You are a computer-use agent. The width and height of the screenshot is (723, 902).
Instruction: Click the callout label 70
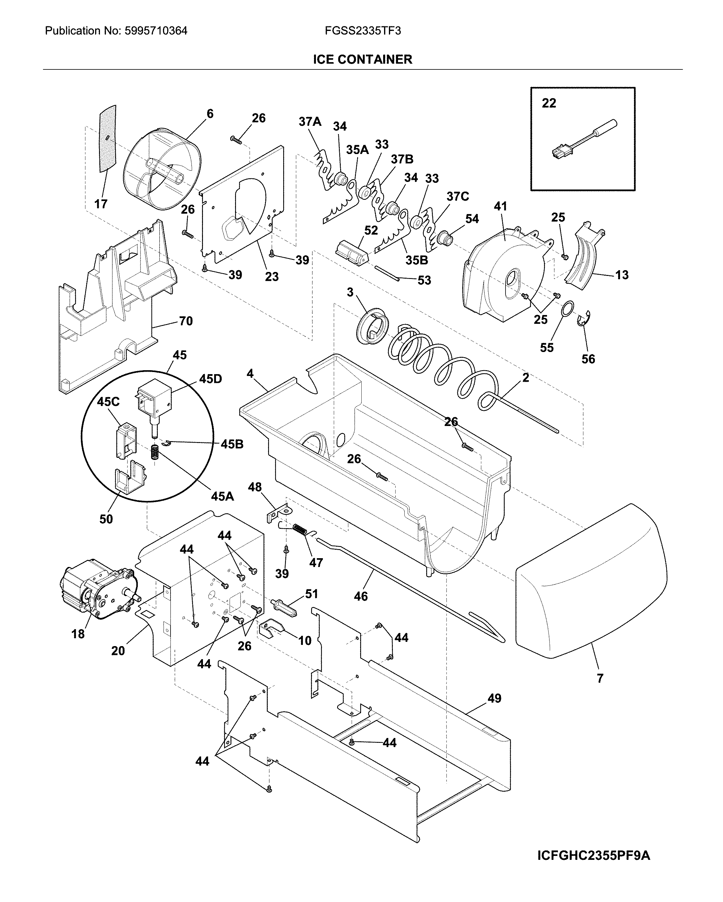(x=186, y=321)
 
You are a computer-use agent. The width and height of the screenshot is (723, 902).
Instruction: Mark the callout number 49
(x=494, y=698)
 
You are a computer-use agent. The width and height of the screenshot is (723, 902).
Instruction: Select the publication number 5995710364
(x=116, y=31)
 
